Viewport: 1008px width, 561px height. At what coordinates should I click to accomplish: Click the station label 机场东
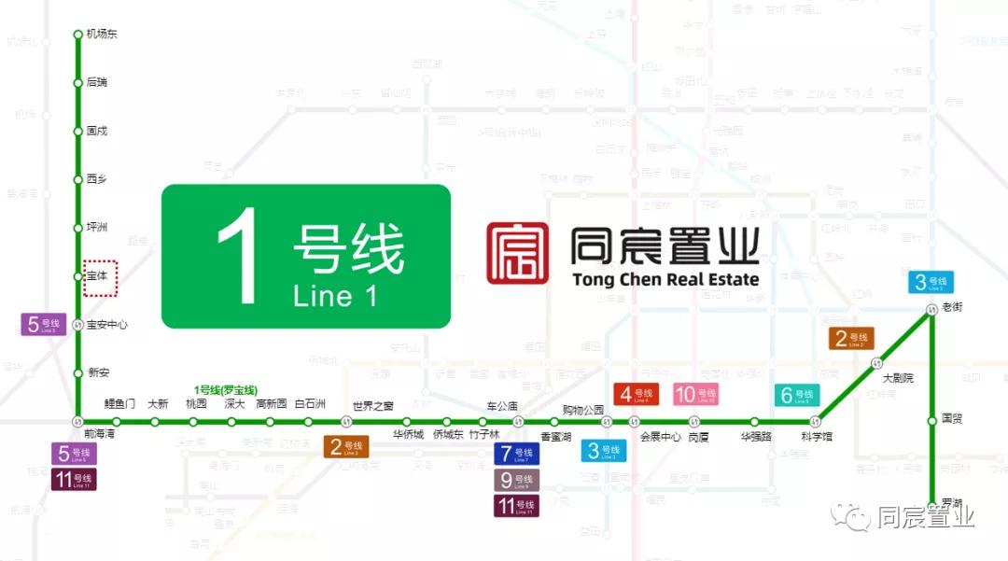[102, 35]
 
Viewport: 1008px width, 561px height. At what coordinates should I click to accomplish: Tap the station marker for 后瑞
[78, 83]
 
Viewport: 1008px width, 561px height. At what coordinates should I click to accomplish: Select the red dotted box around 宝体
[100, 278]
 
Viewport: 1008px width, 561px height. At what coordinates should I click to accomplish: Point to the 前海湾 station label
[99, 434]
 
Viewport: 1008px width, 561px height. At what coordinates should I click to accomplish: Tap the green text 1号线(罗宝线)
[226, 389]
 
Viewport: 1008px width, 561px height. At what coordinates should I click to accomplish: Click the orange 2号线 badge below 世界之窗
[346, 447]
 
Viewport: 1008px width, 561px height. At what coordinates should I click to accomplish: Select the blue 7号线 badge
[516, 455]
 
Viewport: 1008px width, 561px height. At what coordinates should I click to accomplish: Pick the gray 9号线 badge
[516, 481]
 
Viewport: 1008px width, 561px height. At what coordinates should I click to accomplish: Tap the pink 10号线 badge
[695, 395]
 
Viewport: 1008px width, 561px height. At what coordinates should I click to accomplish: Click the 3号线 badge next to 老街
[931, 282]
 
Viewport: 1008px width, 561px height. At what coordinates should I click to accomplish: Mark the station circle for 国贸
[931, 421]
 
